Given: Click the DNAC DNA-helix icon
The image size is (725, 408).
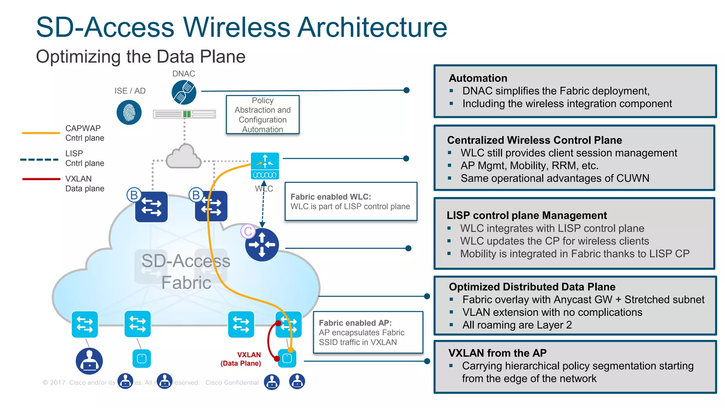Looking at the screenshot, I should coord(184,92).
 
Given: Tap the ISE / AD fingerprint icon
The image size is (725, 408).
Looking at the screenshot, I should coord(129,112).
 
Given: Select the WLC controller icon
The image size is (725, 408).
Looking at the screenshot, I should coord(265,166).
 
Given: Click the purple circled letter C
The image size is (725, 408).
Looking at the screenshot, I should coord(248,231).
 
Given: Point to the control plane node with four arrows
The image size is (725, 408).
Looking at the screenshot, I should coord(262,245).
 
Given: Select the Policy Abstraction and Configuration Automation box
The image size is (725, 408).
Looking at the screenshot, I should coord(263,115).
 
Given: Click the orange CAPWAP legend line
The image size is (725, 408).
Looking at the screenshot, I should coord(41,133).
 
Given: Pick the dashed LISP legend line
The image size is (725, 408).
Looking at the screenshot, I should coord(39,159).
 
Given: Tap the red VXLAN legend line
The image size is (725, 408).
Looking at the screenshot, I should coord(41,179).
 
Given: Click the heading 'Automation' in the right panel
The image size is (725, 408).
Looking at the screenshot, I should coord(478,78).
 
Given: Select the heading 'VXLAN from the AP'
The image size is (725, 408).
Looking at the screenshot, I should coord(497,353).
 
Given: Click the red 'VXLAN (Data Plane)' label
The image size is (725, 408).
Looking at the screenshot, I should coord(241,359).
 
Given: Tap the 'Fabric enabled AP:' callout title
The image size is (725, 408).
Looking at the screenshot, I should coord(355,323).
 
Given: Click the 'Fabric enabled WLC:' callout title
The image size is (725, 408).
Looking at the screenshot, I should coord(331,197).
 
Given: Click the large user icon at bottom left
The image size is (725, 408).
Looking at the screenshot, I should coord(89,361).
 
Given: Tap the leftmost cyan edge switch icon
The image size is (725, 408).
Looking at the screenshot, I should coord(85,324).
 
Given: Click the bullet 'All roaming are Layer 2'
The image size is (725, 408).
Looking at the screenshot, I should coord(517,325).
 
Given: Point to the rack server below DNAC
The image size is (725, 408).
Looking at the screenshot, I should coord(184,114).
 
